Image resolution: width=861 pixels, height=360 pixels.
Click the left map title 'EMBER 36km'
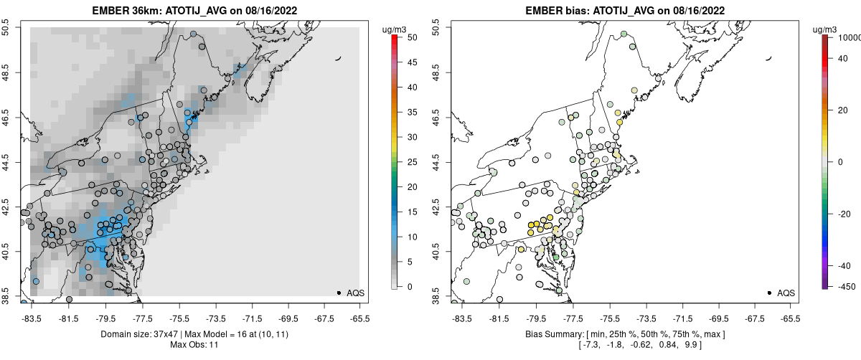[x=126, y=11]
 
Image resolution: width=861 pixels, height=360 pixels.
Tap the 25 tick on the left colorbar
[x=407, y=161]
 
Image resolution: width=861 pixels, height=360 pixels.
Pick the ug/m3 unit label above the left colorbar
[x=395, y=29]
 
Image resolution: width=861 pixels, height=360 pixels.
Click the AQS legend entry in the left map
[x=355, y=293]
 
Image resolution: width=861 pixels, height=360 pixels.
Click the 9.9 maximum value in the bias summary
[x=692, y=345]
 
